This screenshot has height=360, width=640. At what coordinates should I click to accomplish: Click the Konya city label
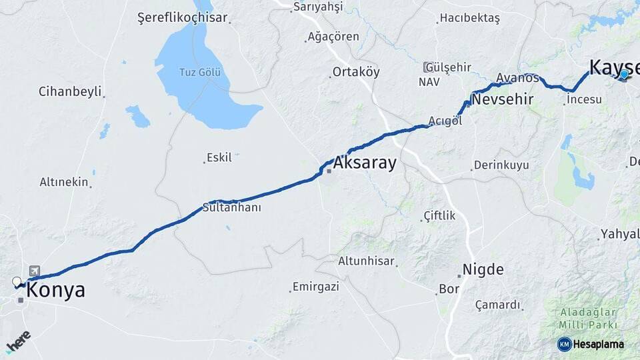(x=55, y=291)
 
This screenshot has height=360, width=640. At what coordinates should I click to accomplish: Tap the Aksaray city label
(x=365, y=163)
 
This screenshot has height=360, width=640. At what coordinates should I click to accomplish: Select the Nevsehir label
(x=502, y=99)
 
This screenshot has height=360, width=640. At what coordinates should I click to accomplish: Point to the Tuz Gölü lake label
(x=199, y=72)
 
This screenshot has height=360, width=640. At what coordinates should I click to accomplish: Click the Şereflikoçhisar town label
(x=182, y=18)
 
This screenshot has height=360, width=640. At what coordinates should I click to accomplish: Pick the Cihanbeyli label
(x=70, y=92)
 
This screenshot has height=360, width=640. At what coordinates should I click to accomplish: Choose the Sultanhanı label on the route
(x=231, y=208)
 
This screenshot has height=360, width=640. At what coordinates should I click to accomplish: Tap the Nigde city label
(x=483, y=270)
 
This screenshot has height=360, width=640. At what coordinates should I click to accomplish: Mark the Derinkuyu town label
(x=501, y=165)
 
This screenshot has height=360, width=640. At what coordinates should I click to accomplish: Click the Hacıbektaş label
(x=469, y=19)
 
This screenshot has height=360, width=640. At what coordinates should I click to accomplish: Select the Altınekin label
(x=65, y=181)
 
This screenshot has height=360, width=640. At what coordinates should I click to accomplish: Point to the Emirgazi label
(x=315, y=287)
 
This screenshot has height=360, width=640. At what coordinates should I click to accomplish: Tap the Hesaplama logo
(x=591, y=344)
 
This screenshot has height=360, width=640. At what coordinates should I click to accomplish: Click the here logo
(x=18, y=341)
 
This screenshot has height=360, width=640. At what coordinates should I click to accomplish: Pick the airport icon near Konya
(x=34, y=270)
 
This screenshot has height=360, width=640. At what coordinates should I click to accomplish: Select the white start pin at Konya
(x=17, y=282)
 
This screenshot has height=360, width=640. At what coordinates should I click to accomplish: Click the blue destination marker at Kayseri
(x=623, y=75)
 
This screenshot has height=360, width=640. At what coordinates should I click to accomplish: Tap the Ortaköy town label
(x=356, y=72)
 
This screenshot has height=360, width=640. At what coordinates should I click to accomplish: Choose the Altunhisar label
(x=366, y=261)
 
